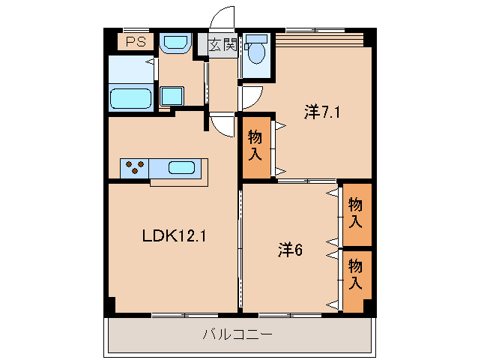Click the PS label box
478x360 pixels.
(x=136, y=42)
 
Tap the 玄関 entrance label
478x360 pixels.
(x=221, y=44)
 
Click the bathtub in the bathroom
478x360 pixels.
(x=131, y=98)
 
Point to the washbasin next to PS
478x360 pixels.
(x=176, y=43)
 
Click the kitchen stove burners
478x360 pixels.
(x=135, y=168)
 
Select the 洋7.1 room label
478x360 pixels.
(x=323, y=113)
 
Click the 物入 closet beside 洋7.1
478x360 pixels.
(x=255, y=146)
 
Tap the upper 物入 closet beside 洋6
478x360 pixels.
(x=357, y=214)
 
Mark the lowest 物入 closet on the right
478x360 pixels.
(x=357, y=275)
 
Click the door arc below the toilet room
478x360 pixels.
(x=251, y=96)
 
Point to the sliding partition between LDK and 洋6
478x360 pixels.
(x=240, y=247)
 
